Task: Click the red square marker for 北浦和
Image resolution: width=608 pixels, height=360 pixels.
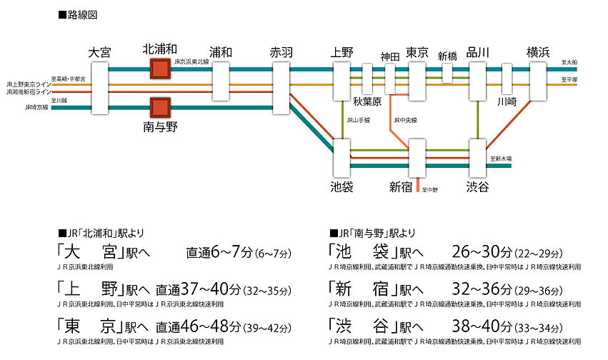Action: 159,69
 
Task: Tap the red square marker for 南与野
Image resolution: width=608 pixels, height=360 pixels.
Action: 159,109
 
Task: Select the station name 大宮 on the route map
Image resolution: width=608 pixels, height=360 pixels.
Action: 99,52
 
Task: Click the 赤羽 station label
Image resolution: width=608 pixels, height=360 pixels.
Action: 281,52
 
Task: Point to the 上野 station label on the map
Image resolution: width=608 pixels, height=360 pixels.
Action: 342,52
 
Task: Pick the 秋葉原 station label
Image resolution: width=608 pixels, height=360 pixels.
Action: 367,102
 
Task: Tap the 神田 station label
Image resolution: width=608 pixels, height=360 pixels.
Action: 390,56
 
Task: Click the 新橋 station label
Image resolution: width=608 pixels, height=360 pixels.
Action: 447,56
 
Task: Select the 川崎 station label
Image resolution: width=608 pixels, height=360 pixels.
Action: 507,102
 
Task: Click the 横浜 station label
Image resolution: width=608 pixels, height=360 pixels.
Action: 538,52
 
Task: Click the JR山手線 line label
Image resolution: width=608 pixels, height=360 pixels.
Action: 357,120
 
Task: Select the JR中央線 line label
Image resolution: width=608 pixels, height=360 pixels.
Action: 405,120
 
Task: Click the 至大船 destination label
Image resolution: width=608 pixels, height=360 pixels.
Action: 569,63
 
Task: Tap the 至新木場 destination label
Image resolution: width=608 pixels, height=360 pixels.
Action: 501,158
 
